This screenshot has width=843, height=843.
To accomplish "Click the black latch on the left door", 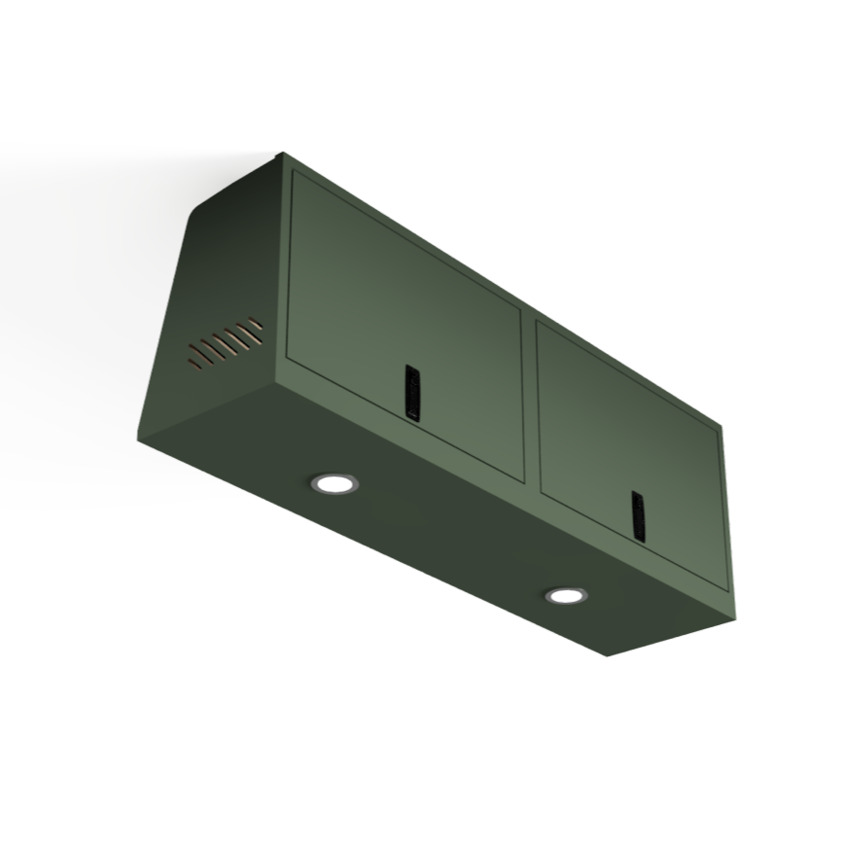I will pyautogui.click(x=413, y=393).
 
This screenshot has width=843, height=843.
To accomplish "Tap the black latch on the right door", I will pyautogui.click(x=638, y=515).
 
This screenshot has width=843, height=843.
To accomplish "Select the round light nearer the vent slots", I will pyautogui.click(x=334, y=482).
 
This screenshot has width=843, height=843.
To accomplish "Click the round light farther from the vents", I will pyautogui.click(x=565, y=595).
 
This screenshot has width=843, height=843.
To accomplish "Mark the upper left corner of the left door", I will pyautogui.click(x=295, y=173).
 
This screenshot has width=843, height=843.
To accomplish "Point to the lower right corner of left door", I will pyautogui.click(x=523, y=480).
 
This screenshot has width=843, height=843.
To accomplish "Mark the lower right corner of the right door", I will pyautogui.click(x=726, y=588).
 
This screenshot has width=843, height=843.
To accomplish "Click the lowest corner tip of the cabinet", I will pyautogui.click(x=608, y=655).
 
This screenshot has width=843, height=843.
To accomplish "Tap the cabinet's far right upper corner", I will pyautogui.click(x=720, y=424).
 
